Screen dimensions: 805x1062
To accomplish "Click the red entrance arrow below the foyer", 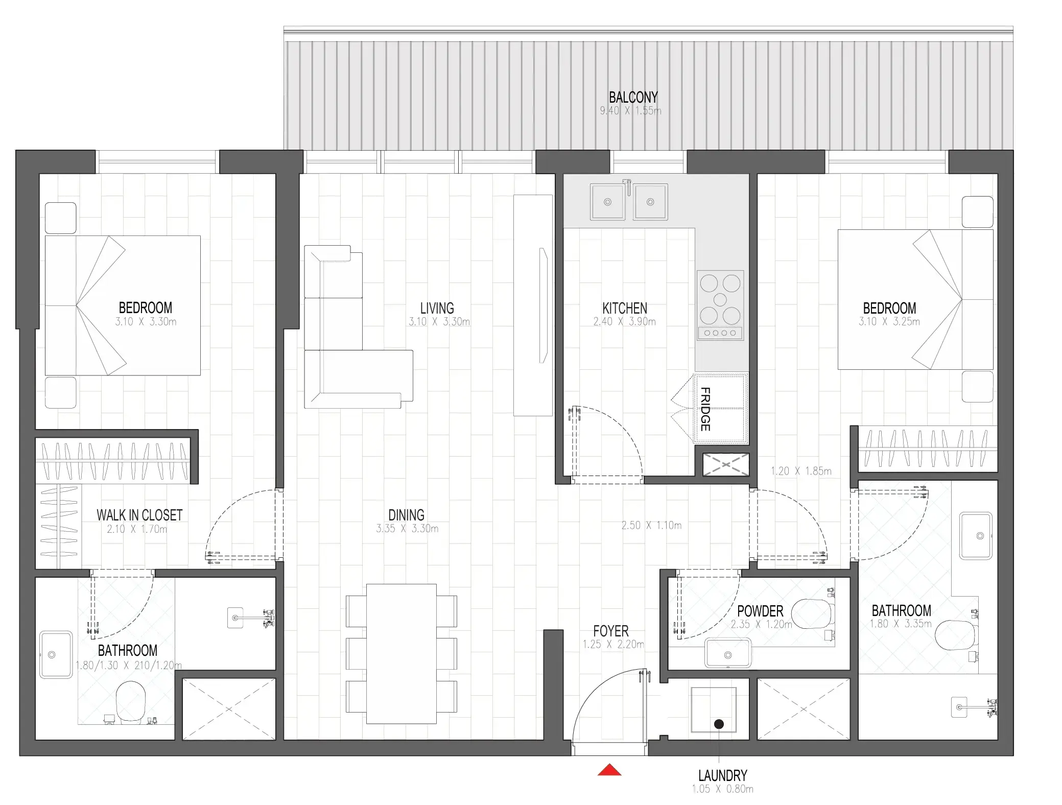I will [609, 770].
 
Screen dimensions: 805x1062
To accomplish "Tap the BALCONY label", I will [633, 97].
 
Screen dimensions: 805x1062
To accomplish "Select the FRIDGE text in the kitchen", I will [705, 409].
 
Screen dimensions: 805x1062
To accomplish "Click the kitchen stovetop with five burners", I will [720, 305].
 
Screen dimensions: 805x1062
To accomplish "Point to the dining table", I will [402, 654].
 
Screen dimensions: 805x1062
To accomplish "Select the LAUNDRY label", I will [722, 775].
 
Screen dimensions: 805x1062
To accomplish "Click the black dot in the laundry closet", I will [719, 724].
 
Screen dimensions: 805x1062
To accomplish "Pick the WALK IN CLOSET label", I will [139, 515].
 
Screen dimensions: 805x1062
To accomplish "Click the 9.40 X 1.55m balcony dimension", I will [630, 110].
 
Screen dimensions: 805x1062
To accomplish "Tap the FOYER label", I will [611, 631].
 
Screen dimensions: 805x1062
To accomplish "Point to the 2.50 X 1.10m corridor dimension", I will [651, 525].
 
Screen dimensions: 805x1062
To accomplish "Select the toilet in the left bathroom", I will [131, 702].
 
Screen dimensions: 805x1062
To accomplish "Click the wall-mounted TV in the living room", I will [544, 305].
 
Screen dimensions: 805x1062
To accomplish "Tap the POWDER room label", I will [760, 611].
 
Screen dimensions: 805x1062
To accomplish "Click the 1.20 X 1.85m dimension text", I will [801, 471].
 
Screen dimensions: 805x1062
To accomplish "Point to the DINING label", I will [406, 515].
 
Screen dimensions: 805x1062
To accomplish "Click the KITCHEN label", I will [625, 308].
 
